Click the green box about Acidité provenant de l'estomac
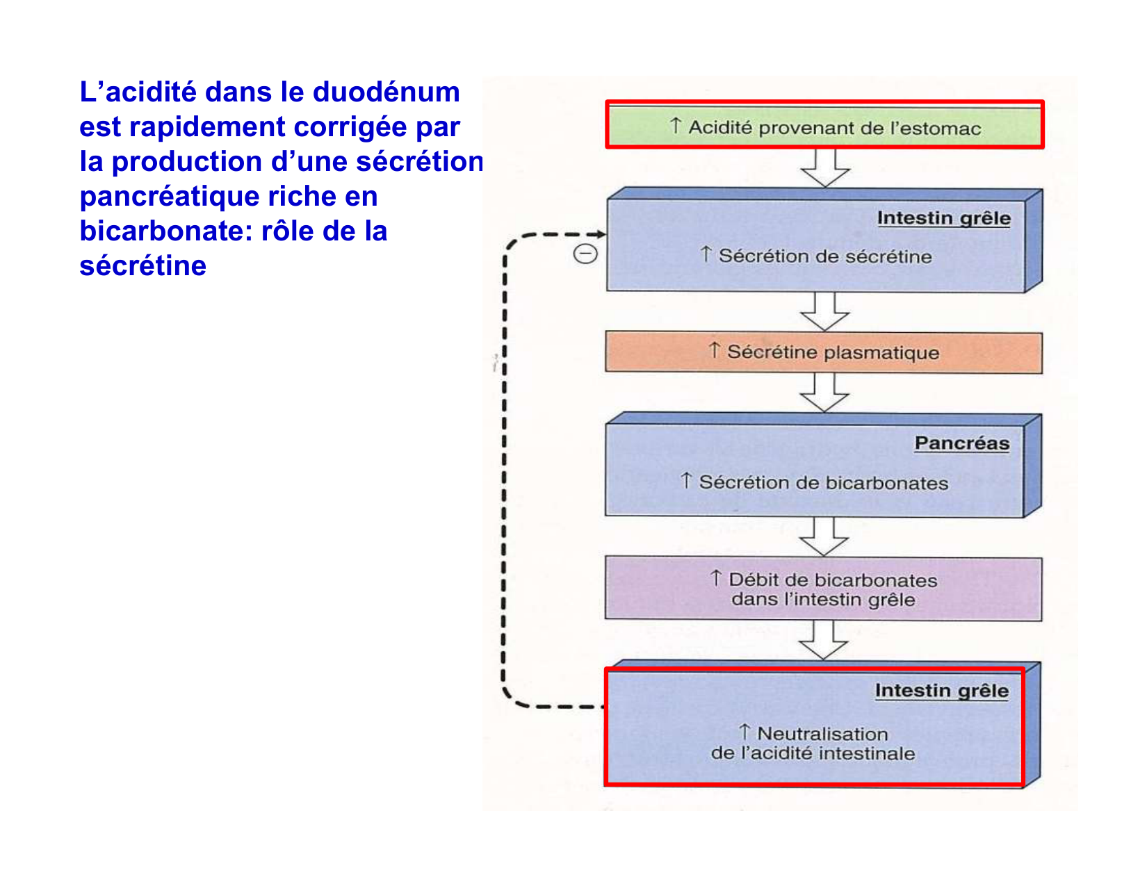pos(824,126)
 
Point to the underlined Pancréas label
pos(961,443)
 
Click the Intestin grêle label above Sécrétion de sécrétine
pos(943,218)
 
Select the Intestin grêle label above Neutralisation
pos(941,691)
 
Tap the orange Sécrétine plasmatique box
pos(824,352)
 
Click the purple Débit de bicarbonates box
pos(824,589)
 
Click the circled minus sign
pos(585,254)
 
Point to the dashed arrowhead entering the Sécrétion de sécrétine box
pos(600,234)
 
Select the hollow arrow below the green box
pos(825,168)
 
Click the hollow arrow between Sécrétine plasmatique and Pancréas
pos(824,393)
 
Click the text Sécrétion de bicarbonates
pos(823,483)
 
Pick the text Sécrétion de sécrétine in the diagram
pos(824,256)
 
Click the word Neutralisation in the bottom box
pos(822,734)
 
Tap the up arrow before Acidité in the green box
pos(676,126)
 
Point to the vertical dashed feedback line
pos(505,473)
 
